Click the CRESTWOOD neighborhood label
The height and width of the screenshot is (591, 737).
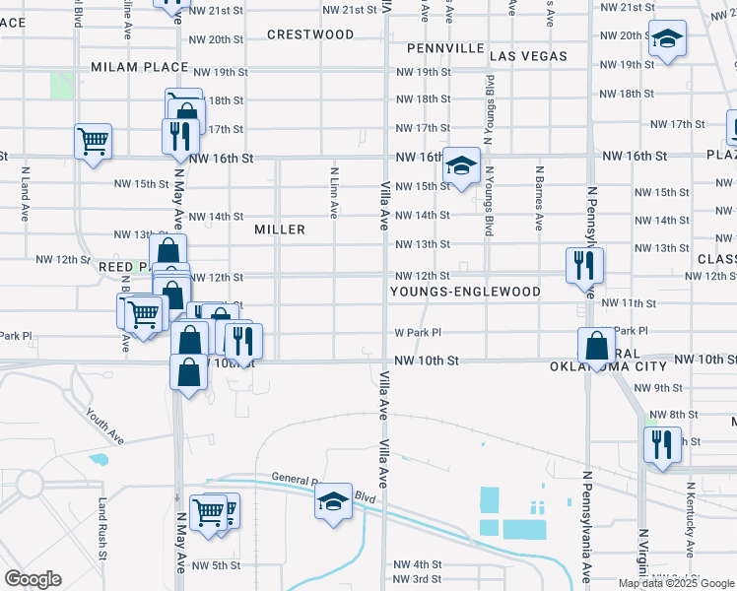click(x=310, y=34)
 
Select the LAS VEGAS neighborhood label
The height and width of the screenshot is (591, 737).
click(x=529, y=56)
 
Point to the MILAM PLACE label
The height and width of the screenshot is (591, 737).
click(x=139, y=67)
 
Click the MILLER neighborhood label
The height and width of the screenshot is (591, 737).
click(x=280, y=229)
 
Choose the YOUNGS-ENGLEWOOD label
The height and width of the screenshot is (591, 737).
click(x=465, y=292)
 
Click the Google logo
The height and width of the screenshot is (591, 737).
click(x=33, y=579)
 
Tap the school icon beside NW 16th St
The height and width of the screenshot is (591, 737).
click(x=460, y=164)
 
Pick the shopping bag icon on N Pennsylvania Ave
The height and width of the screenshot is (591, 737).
click(x=596, y=345)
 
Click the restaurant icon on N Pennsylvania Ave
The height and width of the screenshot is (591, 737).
click(x=584, y=264)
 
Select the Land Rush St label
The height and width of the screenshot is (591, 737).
click(x=101, y=528)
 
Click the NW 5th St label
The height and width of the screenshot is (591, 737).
click(x=217, y=565)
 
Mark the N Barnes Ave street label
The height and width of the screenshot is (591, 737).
click(x=539, y=197)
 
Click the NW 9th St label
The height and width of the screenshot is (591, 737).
click(x=660, y=388)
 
